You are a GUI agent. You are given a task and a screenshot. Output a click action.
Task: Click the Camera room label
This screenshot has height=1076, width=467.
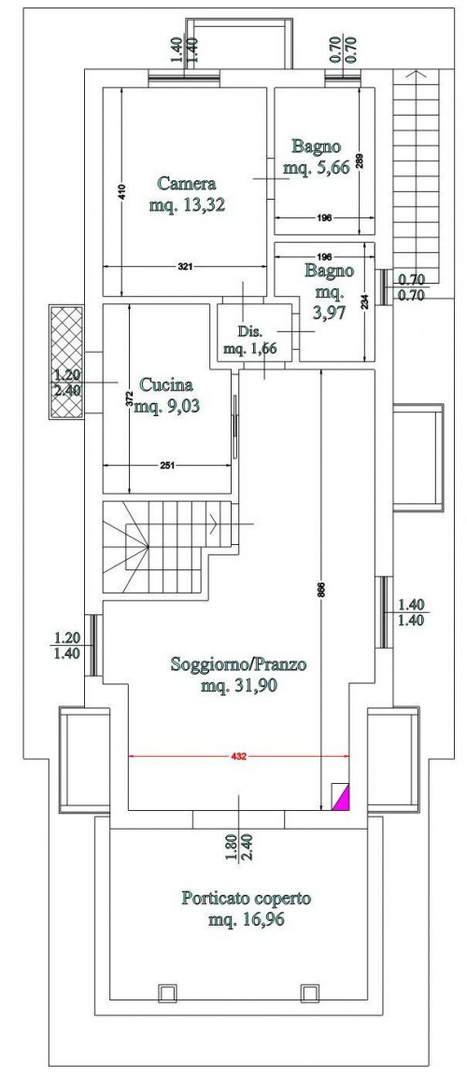(187, 184)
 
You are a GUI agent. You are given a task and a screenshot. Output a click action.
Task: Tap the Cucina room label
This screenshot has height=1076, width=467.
(165, 385)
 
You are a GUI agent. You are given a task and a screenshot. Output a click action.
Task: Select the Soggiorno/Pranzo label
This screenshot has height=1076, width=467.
(238, 664)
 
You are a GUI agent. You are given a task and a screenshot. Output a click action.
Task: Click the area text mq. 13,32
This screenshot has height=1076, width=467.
(187, 204)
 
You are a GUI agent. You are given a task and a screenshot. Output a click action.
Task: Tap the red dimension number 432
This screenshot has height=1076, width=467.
(237, 756)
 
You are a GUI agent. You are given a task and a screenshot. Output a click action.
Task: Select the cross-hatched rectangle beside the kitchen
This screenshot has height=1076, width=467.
(66, 362)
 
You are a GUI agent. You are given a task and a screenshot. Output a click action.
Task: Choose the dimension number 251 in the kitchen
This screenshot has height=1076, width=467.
(166, 465)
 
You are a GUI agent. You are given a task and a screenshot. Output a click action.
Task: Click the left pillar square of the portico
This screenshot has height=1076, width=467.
(165, 992)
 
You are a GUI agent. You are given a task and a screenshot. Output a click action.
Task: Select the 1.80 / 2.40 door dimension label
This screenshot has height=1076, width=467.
(237, 847)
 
